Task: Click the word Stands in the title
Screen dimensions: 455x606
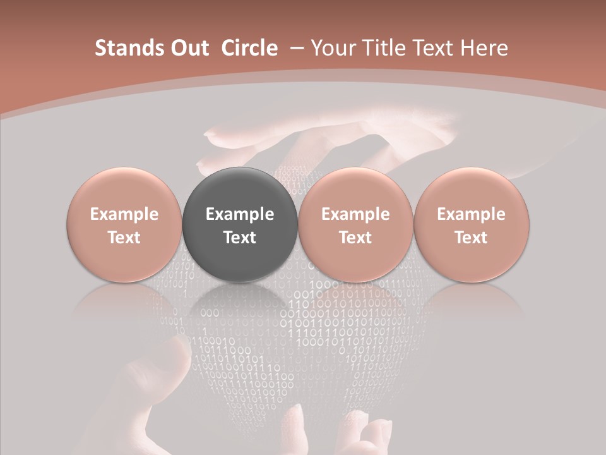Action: click(129, 48)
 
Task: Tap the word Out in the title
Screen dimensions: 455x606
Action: click(189, 48)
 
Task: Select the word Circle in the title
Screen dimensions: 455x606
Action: click(249, 48)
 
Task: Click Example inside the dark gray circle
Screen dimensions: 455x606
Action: click(240, 214)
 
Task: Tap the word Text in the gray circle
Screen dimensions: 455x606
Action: click(240, 238)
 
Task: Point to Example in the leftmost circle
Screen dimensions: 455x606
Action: click(124, 214)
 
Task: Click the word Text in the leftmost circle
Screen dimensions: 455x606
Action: click(124, 238)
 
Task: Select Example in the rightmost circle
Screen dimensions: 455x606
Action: click(471, 214)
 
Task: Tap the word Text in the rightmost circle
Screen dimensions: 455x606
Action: click(471, 238)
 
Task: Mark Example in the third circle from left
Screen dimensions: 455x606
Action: click(355, 214)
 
